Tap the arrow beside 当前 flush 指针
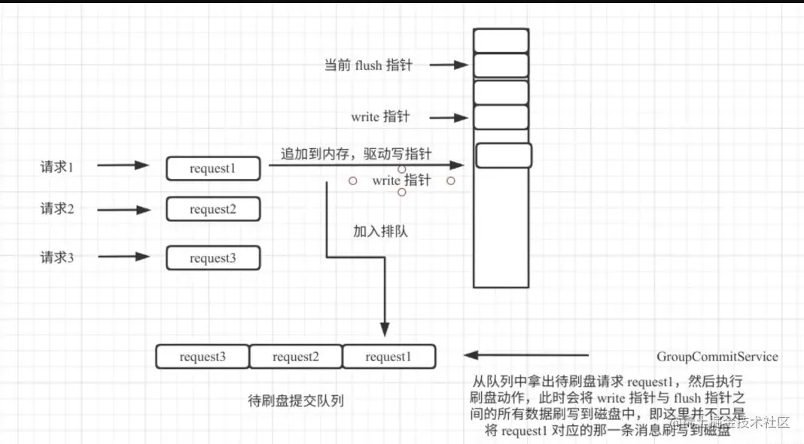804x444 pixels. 450,65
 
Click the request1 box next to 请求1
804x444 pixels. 213,169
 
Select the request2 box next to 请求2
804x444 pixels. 213,209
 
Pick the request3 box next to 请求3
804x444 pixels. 213,258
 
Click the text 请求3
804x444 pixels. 57,257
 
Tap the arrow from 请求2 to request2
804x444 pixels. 124,208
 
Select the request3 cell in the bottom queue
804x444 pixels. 203,357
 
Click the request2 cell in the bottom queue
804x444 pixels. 296,357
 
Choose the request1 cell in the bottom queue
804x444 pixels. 388,357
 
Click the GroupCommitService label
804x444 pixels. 717,356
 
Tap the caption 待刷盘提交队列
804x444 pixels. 296,400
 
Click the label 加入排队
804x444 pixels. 380,231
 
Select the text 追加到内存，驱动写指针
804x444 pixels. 357,154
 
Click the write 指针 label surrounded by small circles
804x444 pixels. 401,181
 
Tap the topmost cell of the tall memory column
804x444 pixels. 501,41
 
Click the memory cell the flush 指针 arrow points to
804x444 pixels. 501,65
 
